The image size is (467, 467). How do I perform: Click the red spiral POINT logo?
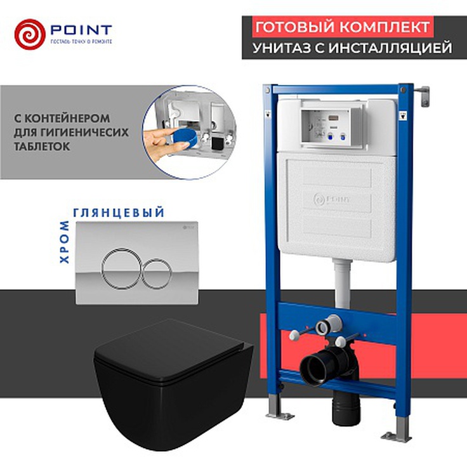tap(29, 34)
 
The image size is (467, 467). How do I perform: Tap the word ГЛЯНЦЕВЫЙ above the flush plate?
tap(119, 213)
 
